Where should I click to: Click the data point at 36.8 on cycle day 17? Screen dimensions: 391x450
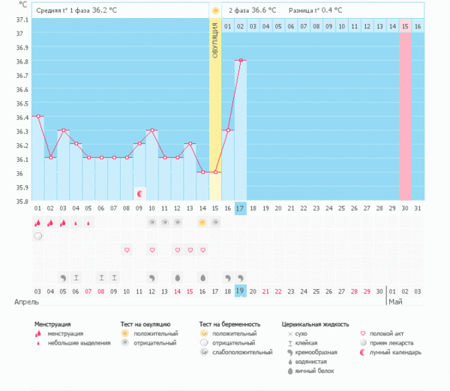point(240,60)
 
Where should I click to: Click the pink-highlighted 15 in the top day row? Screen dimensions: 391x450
point(405,26)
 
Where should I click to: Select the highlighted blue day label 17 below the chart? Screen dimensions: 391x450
point(240,207)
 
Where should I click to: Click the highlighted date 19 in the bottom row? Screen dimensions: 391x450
point(240,291)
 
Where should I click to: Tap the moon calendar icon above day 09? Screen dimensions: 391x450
point(139,193)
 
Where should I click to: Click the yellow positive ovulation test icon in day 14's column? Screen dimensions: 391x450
point(202,222)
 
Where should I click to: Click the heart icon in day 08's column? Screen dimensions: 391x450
point(127,249)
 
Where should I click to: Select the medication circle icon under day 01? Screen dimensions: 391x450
point(37,236)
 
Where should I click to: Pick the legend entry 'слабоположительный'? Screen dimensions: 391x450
point(242,352)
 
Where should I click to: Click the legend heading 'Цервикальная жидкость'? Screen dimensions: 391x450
point(315,324)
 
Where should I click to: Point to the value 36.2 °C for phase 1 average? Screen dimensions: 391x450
point(105,10)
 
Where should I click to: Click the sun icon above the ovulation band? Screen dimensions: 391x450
point(215,10)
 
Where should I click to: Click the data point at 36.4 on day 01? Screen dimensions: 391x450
point(37,116)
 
